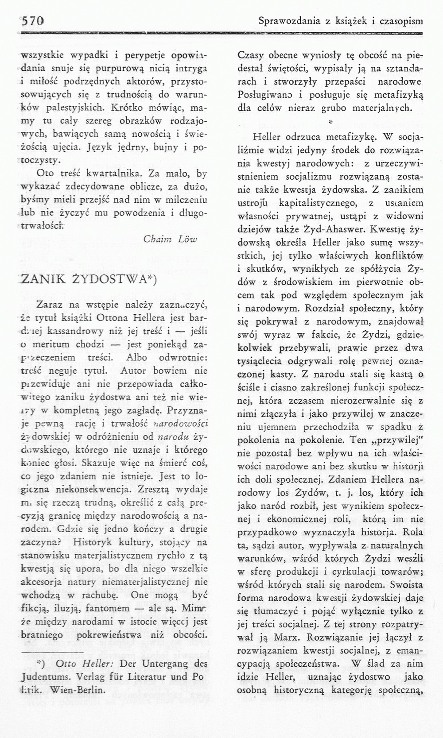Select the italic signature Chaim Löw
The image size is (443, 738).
point(170,239)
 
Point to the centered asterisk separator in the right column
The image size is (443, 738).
point(330,120)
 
